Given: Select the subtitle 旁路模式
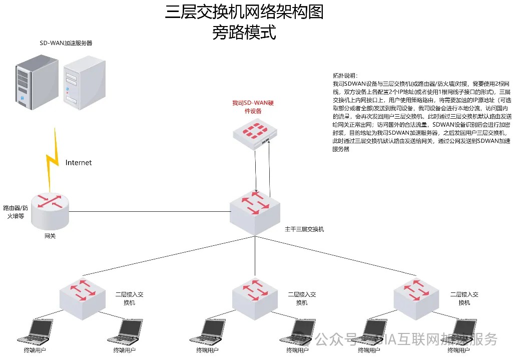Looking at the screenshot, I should coord(244,33).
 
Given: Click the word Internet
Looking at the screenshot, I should coord(79,163).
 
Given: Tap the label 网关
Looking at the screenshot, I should coord(50,235).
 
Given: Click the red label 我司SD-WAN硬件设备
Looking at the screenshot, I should coord(253,107).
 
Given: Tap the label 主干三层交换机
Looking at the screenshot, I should coord(304,229).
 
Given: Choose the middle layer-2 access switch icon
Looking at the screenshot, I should coord(255,295).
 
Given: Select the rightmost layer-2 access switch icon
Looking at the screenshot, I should coord(417,295).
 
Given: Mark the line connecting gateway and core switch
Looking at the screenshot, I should coord(150,211).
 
